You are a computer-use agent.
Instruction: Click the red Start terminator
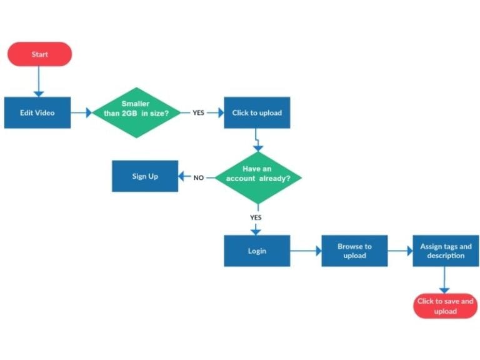pyautogui.click(x=39, y=54)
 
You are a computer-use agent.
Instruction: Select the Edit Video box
pyautogui.click(x=37, y=112)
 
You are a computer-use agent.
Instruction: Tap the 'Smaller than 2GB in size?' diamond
pyautogui.click(x=136, y=112)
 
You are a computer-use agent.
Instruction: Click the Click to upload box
pyautogui.click(x=257, y=112)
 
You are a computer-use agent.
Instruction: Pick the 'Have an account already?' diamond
pyautogui.click(x=257, y=177)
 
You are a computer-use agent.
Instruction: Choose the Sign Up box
pyautogui.click(x=144, y=176)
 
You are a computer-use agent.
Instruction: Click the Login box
pyautogui.click(x=257, y=251)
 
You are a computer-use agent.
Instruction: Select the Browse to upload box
pyautogui.click(x=354, y=251)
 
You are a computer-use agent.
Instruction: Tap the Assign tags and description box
pyautogui.click(x=446, y=251)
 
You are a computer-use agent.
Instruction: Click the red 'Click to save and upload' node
pyautogui.click(x=445, y=306)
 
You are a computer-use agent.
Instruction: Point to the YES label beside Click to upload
pyautogui.click(x=198, y=113)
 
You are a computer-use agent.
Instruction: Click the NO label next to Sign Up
pyautogui.click(x=198, y=177)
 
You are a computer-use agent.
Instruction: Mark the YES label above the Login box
pyautogui.click(x=256, y=217)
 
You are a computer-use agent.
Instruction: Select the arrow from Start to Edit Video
pyautogui.click(x=39, y=81)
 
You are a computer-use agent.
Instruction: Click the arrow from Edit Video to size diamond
pyautogui.click(x=81, y=113)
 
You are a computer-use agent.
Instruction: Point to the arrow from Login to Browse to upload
pyautogui.click(x=306, y=251)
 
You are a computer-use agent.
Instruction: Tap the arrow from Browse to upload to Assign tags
pyautogui.click(x=400, y=251)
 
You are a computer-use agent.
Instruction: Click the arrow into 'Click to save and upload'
pyautogui.click(x=444, y=280)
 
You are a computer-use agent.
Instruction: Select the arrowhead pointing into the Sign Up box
pyautogui.click(x=182, y=177)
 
